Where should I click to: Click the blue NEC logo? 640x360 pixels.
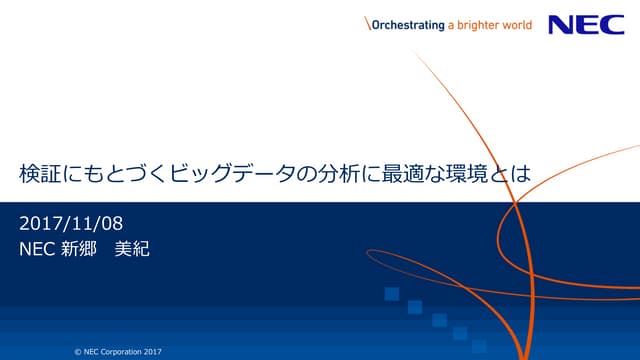(585, 25)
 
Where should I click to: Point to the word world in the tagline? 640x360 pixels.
(532, 26)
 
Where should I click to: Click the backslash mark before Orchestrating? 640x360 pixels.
(367, 26)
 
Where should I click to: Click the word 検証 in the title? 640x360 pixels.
(42, 173)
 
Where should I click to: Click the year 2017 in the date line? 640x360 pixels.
(40, 221)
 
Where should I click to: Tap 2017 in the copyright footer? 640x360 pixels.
(153, 351)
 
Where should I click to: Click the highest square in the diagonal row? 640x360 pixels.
(392, 293)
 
